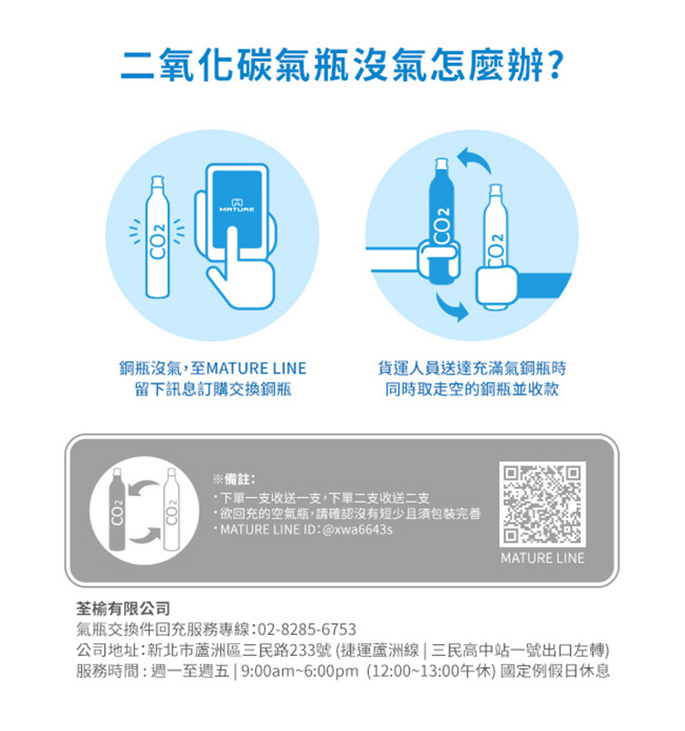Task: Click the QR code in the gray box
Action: [543, 504]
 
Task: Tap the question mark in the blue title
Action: [555, 66]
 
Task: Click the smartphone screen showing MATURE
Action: [237, 209]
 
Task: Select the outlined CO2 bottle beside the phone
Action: [157, 237]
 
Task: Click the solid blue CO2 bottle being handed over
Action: [440, 221]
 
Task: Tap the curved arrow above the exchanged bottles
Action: [474, 161]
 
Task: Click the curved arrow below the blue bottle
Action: [452, 308]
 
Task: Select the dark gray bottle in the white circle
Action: [117, 510]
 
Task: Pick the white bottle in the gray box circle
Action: [172, 510]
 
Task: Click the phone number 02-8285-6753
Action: [307, 630]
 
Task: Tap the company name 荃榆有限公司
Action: [123, 609]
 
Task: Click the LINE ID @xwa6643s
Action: [357, 530]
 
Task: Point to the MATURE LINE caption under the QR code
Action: [543, 558]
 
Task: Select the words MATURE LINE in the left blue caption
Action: [256, 368]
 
